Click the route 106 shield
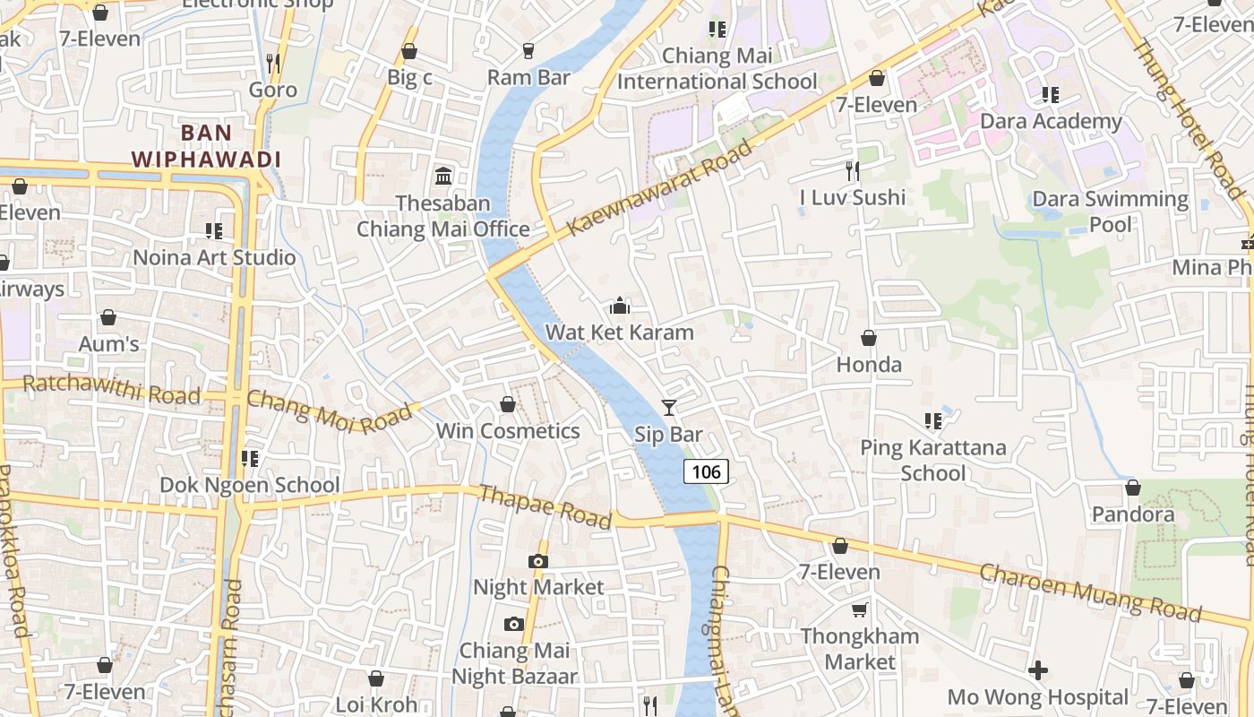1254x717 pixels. pos(706,471)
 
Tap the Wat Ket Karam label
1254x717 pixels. pos(620,333)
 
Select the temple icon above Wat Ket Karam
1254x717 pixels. pos(620,307)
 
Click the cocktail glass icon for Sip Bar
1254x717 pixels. pos(668,408)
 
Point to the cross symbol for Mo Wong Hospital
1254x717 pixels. pos(1038,670)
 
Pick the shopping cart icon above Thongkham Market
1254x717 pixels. pos(860,610)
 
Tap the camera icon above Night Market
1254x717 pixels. pos(538,561)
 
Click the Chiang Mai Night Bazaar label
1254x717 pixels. pos(514,663)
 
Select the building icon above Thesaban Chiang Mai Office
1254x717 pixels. pos(443,176)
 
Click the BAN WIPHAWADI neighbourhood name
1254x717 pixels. pos(207,146)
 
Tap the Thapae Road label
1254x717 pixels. pos(545,507)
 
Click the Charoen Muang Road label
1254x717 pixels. pos(1090,592)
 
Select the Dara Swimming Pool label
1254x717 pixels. pos(1111,212)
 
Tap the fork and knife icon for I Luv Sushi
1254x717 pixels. pos(853,169)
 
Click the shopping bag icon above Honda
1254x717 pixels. pos(868,338)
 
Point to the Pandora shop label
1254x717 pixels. pos(1133,514)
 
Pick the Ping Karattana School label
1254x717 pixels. pos(932,460)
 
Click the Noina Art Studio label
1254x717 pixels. pos(214,258)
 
